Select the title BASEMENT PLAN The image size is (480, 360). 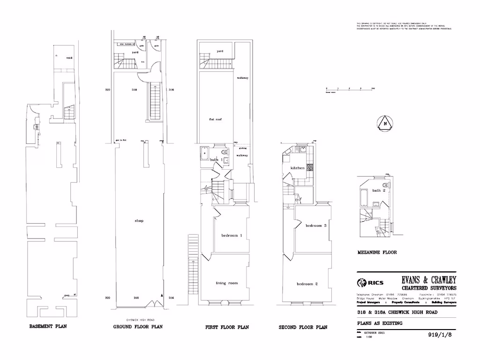tap(48, 326)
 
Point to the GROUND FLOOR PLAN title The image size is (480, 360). tap(138, 327)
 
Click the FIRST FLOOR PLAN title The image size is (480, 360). tap(227, 327)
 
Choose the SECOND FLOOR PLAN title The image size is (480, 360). tap(303, 327)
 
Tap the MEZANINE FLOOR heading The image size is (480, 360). tap(377, 252)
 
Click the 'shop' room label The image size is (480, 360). tap(138, 221)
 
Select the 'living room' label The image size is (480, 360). tap(227, 283)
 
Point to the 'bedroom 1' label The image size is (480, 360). tap(231, 235)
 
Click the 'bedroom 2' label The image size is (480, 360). tap(307, 284)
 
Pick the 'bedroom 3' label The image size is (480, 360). tap(315, 225)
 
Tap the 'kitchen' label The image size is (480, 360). tap(298, 168)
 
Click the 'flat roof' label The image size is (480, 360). tap(215, 120)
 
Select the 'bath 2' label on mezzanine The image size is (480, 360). tap(379, 190)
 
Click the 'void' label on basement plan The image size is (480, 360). tap(69, 58)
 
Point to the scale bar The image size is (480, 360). tap(349, 89)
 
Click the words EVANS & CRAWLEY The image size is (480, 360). tap(429, 280)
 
